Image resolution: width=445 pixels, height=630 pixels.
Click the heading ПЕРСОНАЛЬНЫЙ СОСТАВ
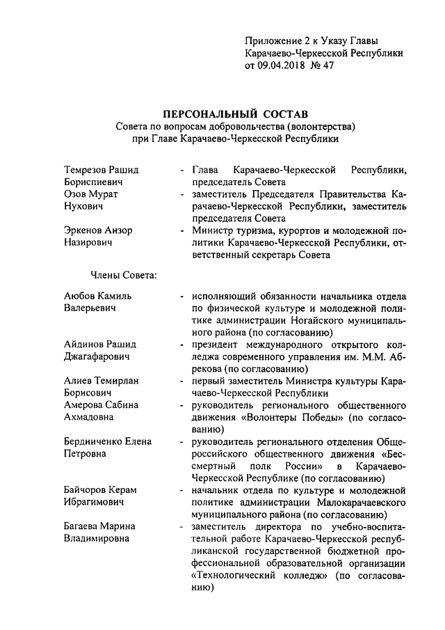click(x=235, y=113)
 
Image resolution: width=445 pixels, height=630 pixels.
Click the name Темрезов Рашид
click(x=101, y=170)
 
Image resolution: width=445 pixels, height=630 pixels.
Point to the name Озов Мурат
click(x=91, y=194)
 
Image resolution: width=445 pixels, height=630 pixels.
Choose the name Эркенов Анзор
click(x=98, y=230)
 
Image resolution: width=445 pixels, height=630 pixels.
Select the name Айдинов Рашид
click(x=100, y=345)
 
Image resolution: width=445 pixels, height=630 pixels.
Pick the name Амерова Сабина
click(x=101, y=405)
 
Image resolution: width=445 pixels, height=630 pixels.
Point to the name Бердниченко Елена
click(x=108, y=441)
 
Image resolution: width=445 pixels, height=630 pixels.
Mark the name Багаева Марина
click(x=99, y=526)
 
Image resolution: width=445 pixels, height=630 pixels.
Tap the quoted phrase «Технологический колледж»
click(x=257, y=574)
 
